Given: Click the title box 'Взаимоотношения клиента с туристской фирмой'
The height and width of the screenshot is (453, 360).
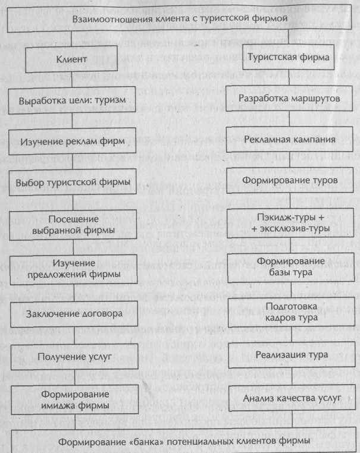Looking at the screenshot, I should pos(180,19).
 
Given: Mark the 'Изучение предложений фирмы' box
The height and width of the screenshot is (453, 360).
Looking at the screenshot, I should pos(73,268).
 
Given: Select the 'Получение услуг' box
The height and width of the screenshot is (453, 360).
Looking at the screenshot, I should pos(72,357).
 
